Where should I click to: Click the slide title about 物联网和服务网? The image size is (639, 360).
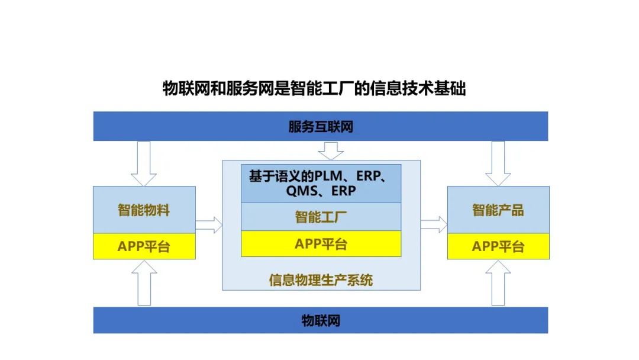(314, 88)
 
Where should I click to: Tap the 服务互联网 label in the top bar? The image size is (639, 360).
(321, 127)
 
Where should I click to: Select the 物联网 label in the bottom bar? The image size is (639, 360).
(321, 320)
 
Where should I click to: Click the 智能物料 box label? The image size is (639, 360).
(144, 210)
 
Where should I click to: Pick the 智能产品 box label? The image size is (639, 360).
(498, 210)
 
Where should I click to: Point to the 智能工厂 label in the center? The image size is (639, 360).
(321, 217)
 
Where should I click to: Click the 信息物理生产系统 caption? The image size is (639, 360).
(321, 280)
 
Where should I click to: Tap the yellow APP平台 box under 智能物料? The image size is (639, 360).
(144, 246)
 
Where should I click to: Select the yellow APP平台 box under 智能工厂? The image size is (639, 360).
(321, 244)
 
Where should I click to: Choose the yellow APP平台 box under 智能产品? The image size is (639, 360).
(498, 246)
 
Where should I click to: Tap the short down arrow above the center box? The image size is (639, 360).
(331, 151)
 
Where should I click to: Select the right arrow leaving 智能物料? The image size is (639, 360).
(209, 225)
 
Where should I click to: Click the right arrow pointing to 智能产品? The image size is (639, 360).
(434, 224)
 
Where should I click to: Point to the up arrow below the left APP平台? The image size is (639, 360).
(144, 283)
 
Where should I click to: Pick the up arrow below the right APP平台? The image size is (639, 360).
(498, 283)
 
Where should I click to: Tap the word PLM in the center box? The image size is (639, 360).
(328, 176)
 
